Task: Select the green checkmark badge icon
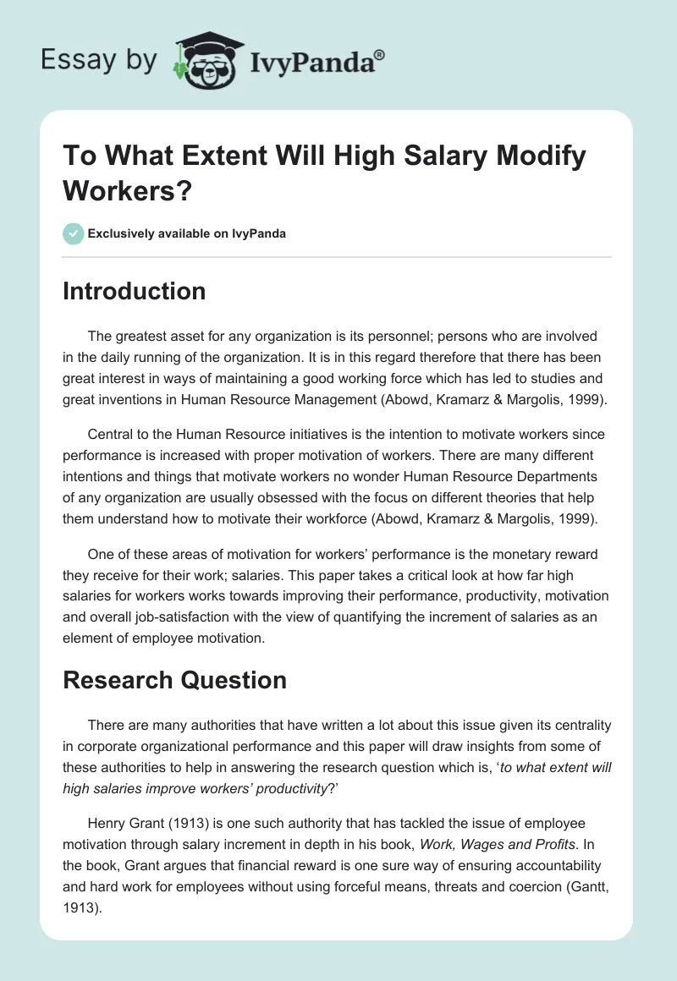(x=74, y=233)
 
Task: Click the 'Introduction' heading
(x=135, y=291)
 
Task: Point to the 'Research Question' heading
(x=174, y=679)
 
